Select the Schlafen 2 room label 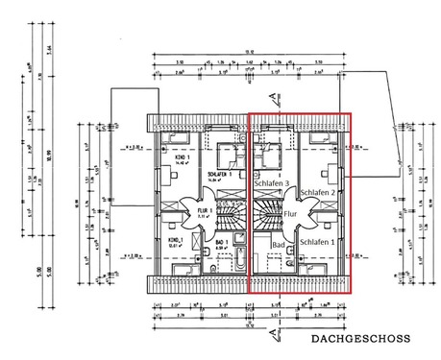[318, 192]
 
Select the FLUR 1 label [205, 209]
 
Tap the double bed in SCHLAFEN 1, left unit [230, 154]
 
